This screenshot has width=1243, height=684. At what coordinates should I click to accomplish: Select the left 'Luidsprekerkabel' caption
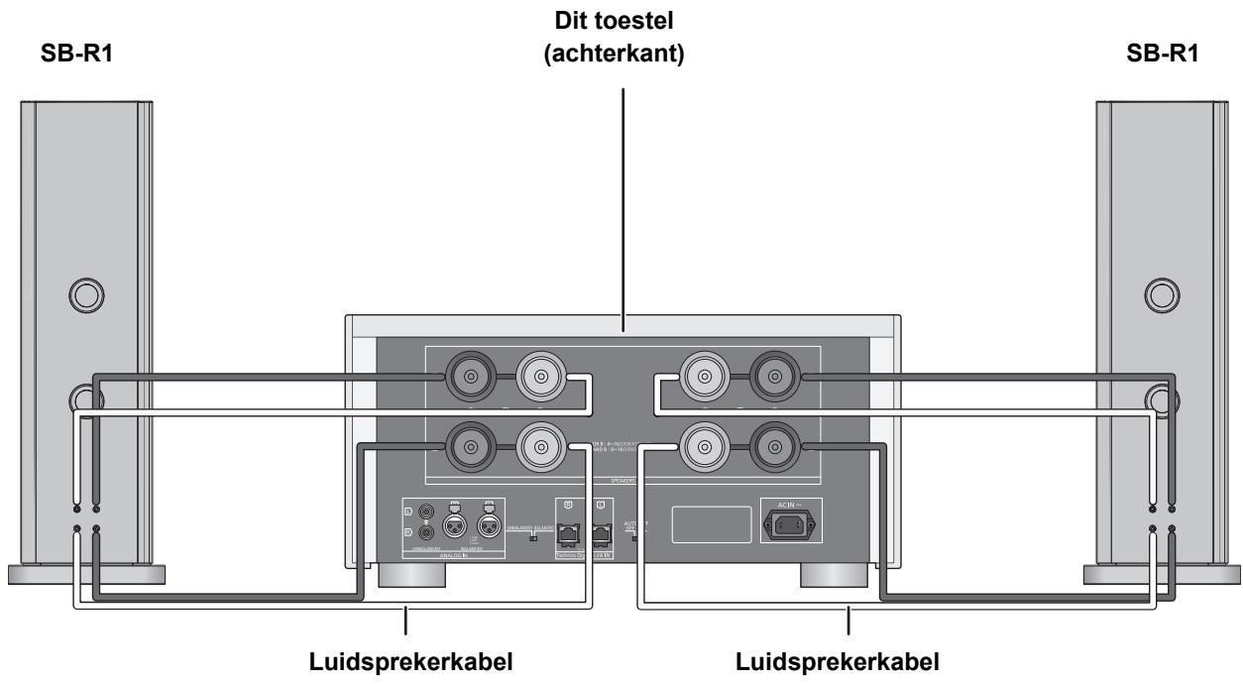click(x=405, y=660)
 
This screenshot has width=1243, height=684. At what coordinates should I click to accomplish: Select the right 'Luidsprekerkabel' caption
click(x=847, y=660)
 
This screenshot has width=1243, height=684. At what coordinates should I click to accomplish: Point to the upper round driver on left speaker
click(x=84, y=293)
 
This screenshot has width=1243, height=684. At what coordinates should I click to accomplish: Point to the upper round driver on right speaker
click(x=1159, y=293)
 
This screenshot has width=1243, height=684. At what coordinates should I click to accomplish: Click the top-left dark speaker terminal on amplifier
click(x=466, y=377)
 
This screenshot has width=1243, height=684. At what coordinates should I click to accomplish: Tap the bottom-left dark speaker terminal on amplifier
click(x=466, y=447)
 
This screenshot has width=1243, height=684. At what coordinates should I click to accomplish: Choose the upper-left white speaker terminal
click(x=539, y=377)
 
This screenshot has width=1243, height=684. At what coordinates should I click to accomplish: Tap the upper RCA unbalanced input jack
click(x=425, y=512)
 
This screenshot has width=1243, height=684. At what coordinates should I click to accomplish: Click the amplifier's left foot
click(x=407, y=579)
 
